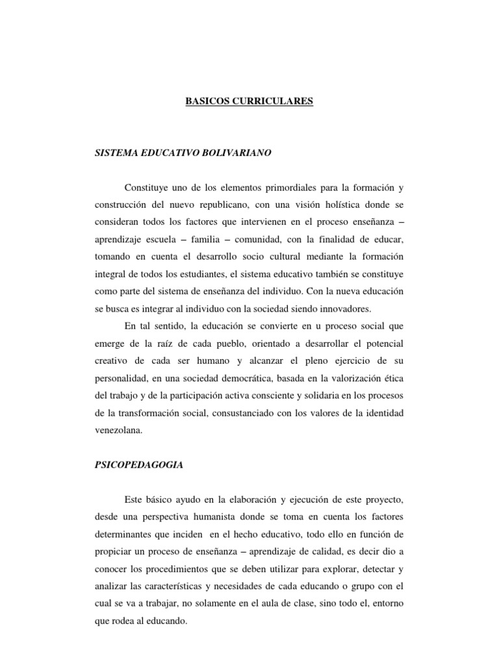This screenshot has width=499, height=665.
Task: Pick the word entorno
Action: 387,604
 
